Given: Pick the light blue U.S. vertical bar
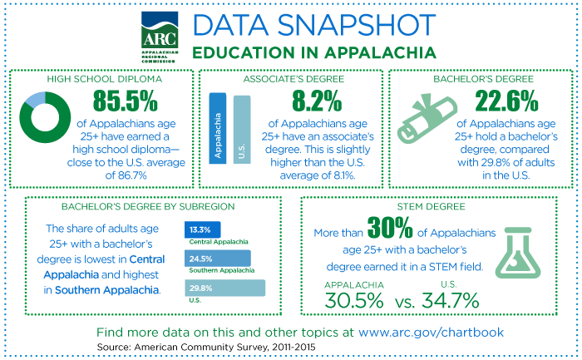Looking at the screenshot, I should [241, 128].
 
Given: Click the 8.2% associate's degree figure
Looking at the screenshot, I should [316, 102].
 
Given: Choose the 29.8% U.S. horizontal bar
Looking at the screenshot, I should [224, 288].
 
